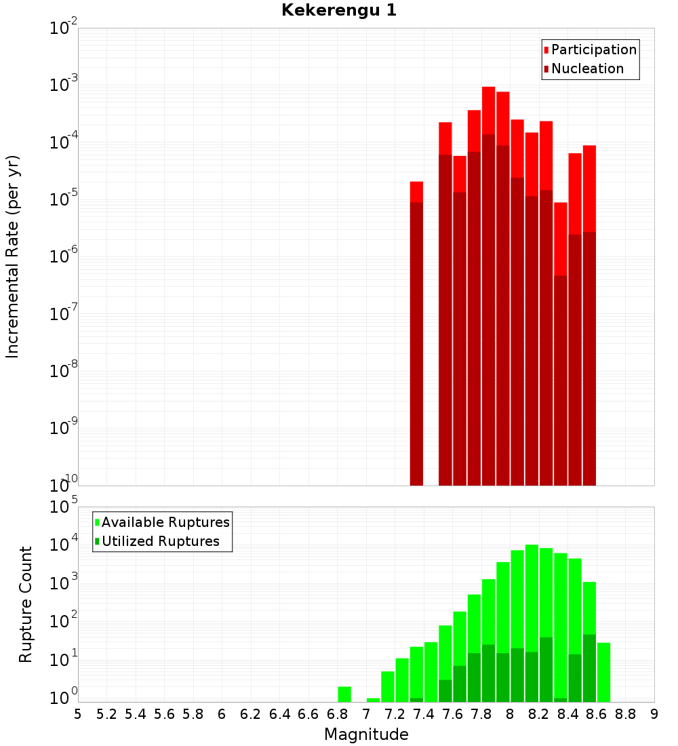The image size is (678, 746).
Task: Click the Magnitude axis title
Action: point(366,734)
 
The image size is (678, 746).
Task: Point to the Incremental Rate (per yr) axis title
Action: point(13,256)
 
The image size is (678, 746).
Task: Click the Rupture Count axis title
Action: point(26,604)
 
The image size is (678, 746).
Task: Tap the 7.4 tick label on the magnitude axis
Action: point(423,713)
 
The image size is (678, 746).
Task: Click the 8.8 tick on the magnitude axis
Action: point(625,713)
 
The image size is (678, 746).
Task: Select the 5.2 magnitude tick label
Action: point(106,713)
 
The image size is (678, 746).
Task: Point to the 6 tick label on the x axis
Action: point(222,713)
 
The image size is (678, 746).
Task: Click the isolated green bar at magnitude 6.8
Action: point(344,694)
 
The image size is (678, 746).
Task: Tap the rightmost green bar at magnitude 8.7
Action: point(603,672)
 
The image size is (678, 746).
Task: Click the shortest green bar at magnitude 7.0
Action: point(373,700)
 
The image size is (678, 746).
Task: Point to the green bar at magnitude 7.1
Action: point(388,686)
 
